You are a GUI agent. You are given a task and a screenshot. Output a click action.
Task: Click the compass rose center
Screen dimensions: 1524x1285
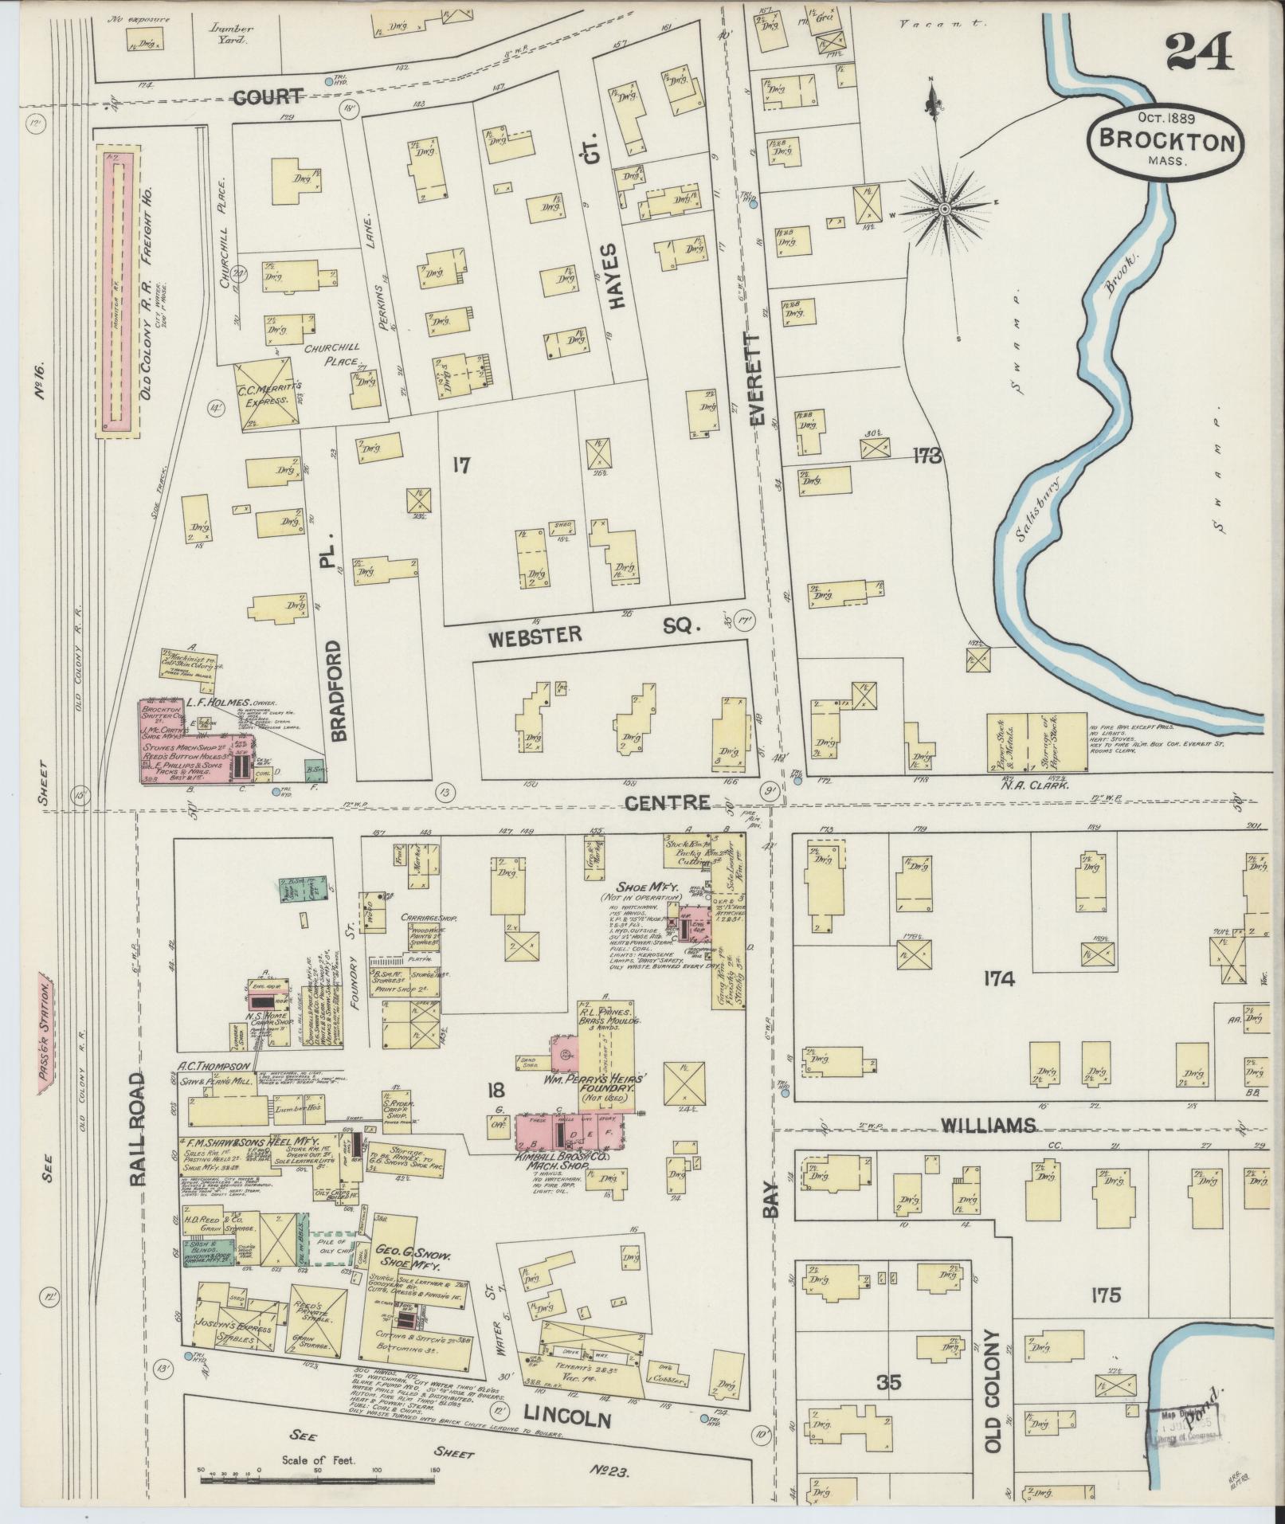[x=944, y=210]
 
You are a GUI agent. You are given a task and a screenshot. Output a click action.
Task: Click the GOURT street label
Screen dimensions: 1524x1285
[x=268, y=97]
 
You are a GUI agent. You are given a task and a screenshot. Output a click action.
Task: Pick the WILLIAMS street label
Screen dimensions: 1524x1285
[x=988, y=1124]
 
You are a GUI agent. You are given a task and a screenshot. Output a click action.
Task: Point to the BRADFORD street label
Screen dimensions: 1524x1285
[x=336, y=690]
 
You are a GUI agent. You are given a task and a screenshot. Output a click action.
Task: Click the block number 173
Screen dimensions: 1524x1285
[x=928, y=456]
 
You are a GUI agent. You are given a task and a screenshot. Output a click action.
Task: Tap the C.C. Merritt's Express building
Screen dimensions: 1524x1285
[x=267, y=396]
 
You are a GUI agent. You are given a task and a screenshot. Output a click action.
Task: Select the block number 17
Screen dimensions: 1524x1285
[x=460, y=465]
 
